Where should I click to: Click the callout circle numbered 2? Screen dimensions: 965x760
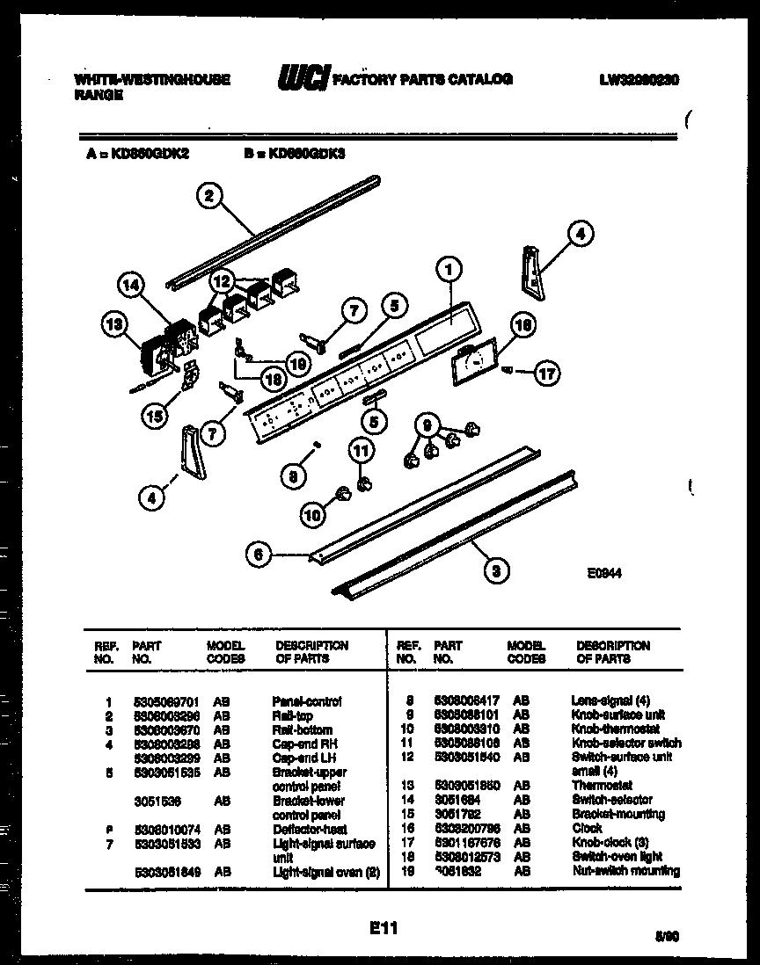[208, 196]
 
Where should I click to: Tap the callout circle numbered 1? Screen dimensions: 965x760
[448, 272]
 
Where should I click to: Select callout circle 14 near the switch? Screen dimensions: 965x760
[130, 285]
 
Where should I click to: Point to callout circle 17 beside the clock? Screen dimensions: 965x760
[546, 373]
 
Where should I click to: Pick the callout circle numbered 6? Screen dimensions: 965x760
[258, 554]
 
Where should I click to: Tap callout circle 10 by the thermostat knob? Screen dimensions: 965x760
[312, 517]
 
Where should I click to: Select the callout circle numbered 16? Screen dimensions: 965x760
[522, 325]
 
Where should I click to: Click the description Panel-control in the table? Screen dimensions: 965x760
[306, 701]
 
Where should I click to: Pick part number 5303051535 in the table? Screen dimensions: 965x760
[162, 772]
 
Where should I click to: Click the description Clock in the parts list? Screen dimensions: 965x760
[587, 828]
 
